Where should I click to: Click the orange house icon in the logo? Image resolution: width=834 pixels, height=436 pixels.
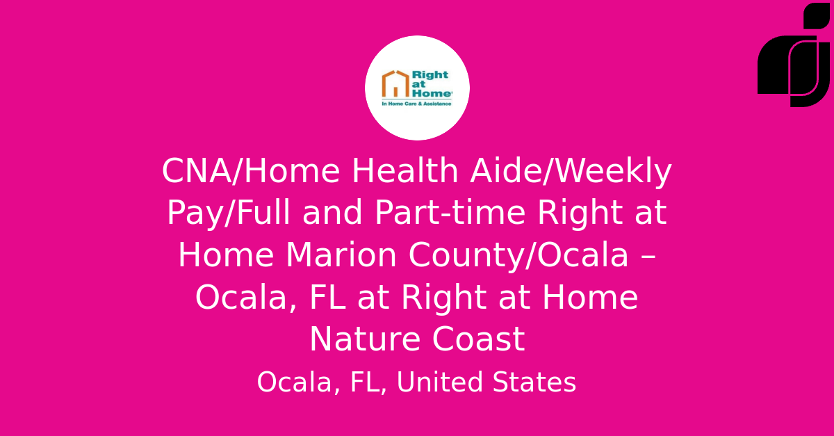(x=395, y=84)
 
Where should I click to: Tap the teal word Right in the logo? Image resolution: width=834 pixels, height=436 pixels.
(x=430, y=76)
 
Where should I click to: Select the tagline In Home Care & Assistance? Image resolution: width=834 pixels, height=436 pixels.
(x=416, y=104)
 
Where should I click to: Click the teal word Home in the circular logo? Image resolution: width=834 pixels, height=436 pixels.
(x=432, y=93)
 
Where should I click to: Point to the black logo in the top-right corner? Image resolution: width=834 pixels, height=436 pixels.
(x=794, y=55)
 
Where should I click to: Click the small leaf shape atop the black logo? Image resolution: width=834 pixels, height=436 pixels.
(x=817, y=16)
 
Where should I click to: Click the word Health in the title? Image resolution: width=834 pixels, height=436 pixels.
(x=404, y=171)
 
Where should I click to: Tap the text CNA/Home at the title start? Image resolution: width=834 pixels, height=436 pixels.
(x=251, y=171)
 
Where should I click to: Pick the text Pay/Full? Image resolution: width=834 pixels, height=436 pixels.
(x=228, y=213)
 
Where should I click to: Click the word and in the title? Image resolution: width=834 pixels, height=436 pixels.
(x=332, y=213)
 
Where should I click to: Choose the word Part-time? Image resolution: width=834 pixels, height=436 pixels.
(x=450, y=213)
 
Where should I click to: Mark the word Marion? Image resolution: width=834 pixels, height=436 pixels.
(x=341, y=255)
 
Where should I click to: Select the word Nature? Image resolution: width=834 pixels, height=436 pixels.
(x=365, y=339)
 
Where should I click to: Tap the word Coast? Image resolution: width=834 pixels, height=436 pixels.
(x=478, y=339)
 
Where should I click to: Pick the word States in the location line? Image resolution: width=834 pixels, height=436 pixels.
(x=534, y=382)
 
